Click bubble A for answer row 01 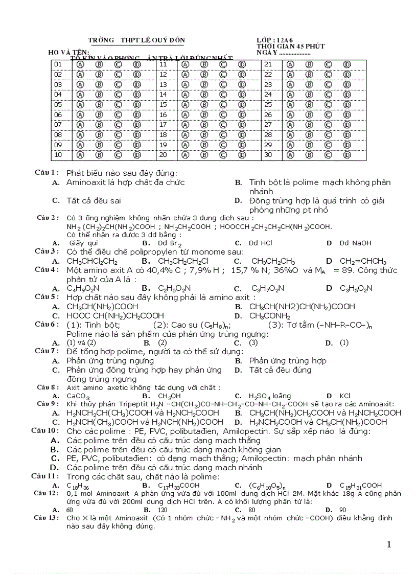80,64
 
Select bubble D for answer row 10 137,155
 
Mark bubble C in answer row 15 223,105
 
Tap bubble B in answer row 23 309,84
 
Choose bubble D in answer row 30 347,155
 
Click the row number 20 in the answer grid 164,155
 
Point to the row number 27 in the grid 268,125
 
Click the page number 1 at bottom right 389,544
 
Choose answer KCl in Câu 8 345,396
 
